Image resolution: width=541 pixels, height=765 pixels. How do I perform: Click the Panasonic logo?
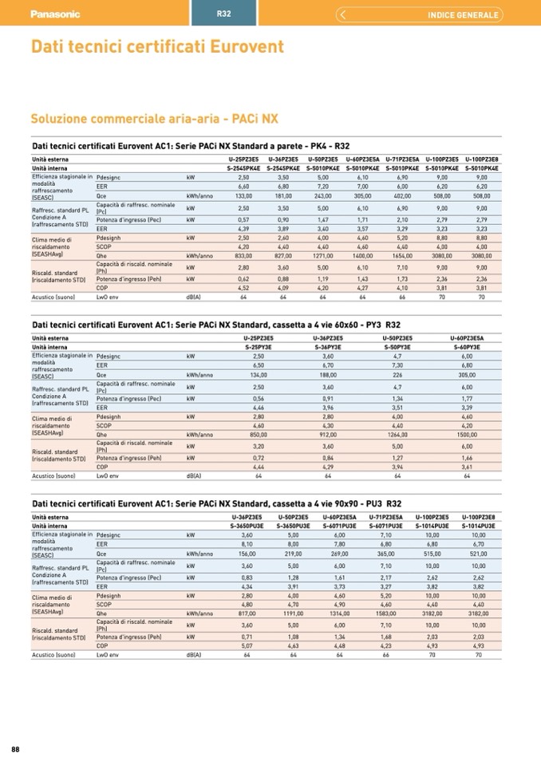55,14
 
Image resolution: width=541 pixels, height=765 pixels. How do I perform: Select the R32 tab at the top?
224,14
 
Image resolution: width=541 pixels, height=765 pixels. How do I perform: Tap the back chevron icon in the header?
342,14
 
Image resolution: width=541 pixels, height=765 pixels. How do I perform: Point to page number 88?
15,747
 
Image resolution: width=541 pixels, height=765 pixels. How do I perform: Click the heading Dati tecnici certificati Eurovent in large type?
157,47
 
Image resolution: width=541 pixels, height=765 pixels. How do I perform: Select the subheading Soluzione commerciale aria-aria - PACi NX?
154,119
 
